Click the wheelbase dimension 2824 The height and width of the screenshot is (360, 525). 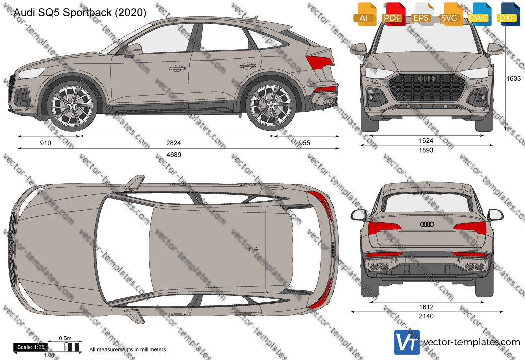173,143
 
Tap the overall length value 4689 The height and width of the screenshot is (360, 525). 174,155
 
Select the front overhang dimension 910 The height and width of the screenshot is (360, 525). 45,143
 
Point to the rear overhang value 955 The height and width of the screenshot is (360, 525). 304,143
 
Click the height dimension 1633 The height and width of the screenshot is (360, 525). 513,79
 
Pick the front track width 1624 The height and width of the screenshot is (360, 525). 426,141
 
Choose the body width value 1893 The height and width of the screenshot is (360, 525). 426,150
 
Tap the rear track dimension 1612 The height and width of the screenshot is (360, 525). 426,307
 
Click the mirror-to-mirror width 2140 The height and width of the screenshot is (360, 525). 426,316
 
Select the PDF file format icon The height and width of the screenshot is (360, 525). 393,14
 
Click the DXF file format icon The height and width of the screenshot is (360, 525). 508,14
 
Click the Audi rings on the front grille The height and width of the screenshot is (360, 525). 427,79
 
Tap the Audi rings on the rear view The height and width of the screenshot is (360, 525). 427,224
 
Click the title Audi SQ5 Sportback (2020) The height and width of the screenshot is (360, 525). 79,13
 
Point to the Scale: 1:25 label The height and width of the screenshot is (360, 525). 30,347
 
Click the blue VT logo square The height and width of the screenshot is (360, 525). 407,342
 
